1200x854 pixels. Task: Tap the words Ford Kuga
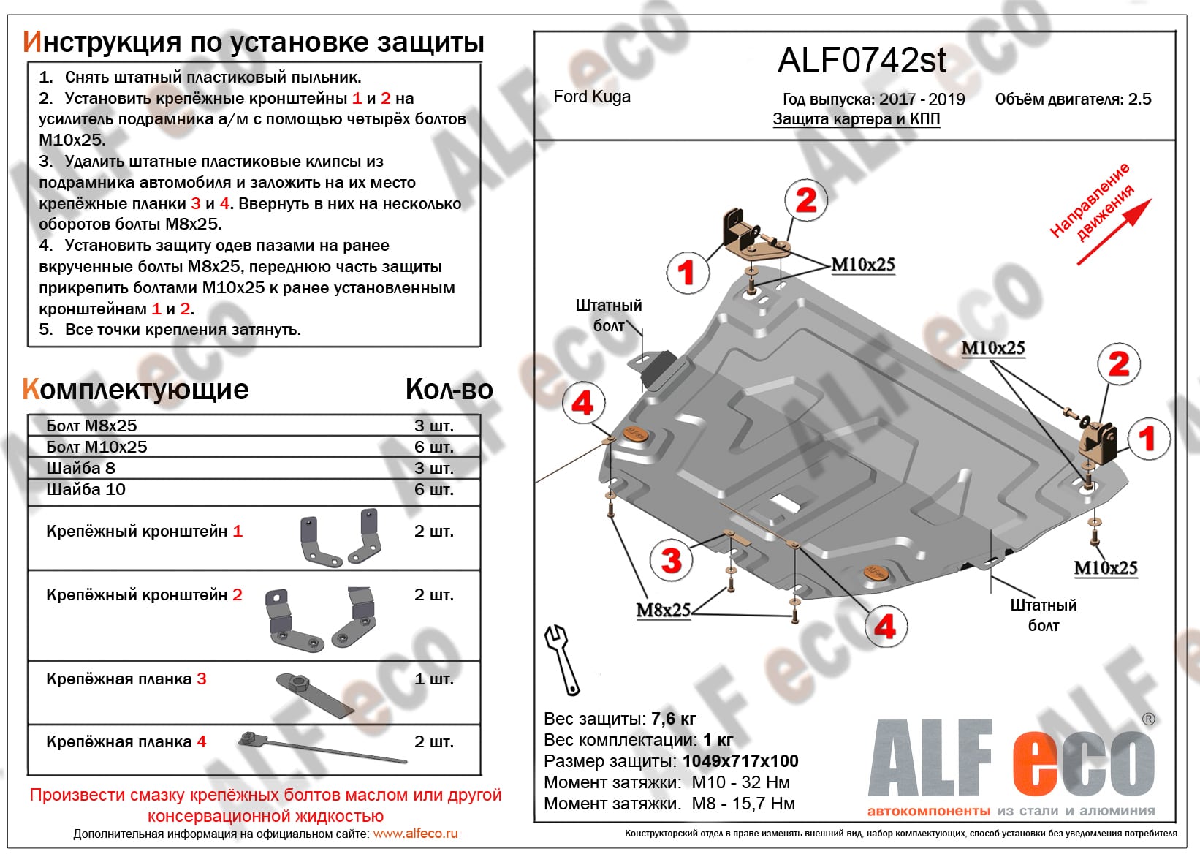click(x=592, y=97)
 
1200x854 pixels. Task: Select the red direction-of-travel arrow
click(x=1114, y=232)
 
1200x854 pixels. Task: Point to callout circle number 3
click(x=671, y=560)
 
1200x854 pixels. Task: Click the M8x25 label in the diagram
click(x=663, y=610)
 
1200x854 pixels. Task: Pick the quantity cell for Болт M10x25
click(x=433, y=447)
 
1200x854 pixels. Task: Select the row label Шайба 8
click(x=80, y=468)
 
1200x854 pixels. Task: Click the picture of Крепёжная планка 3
click(x=314, y=694)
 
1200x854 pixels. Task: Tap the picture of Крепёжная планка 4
click(x=322, y=747)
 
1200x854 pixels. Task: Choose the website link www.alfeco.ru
click(x=415, y=834)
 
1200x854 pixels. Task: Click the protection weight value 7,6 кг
click(x=673, y=719)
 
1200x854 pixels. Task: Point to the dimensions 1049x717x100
click(x=740, y=761)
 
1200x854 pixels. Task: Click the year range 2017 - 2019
click(x=922, y=99)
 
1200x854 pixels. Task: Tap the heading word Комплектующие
click(x=136, y=390)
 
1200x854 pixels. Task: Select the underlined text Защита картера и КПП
click(x=856, y=119)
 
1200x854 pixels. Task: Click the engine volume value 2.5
click(x=1139, y=99)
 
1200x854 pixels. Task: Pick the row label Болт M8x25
click(x=91, y=426)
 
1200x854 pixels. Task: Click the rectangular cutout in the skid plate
click(x=783, y=503)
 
